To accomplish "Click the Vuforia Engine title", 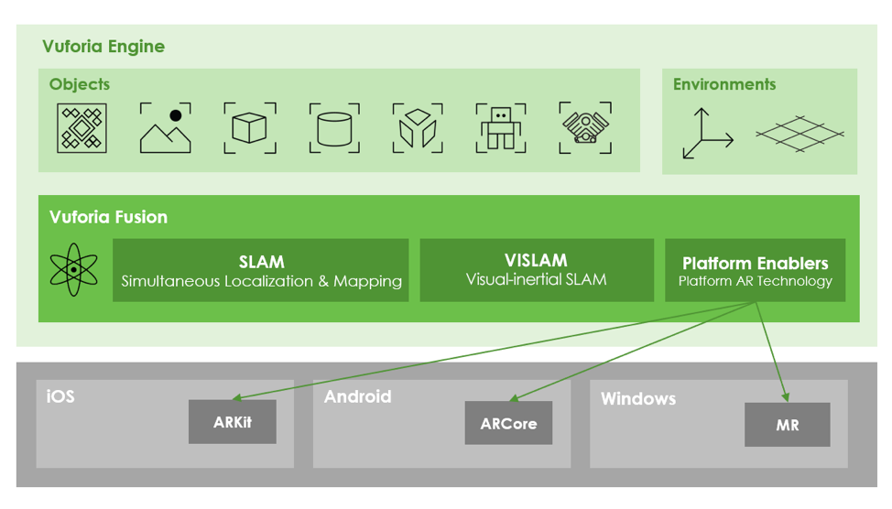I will coord(103,47).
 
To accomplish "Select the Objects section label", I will coord(80,84).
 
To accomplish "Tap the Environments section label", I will coord(723,84).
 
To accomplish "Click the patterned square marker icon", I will coord(82,128).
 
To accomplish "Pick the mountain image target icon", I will coord(166,128).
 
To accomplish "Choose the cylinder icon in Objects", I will coord(333,128).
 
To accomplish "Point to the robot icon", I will coord(501,128).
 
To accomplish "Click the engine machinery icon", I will coord(585,128).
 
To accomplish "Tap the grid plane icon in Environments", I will coord(799,135).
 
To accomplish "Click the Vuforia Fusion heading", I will coord(108,217).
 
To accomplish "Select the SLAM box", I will coord(261,271).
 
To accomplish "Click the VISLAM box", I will coord(536,270).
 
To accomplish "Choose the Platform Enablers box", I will coord(755,271).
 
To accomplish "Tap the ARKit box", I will coord(232,422).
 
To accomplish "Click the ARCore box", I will coord(508,423).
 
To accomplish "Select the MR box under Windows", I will coord(787,425).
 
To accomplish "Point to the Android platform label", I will coord(357,396).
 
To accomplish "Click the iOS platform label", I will coord(60,396).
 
